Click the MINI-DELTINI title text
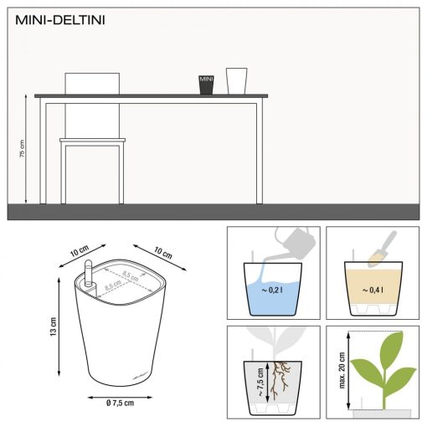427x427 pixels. [x=58, y=18]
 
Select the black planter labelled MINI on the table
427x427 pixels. [x=207, y=85]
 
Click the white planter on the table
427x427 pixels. [x=237, y=81]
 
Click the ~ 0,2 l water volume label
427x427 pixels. [x=270, y=291]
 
